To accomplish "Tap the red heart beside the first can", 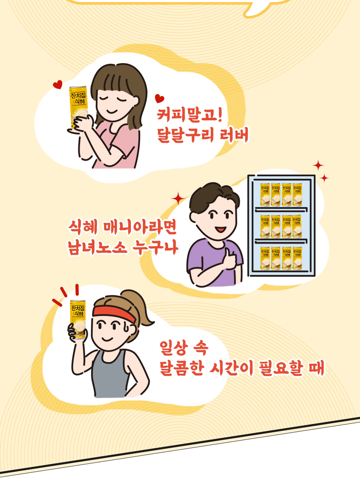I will (x=58, y=85).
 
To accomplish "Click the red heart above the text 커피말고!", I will (x=159, y=99).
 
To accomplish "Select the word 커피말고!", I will (x=189, y=115).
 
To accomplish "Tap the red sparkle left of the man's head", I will (x=178, y=197).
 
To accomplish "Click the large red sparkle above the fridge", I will (x=318, y=166).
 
